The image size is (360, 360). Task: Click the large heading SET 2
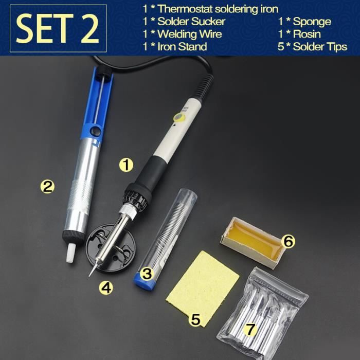tap(58, 28)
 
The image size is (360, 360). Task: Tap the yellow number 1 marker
tap(127, 165)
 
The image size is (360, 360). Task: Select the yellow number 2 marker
tap(47, 187)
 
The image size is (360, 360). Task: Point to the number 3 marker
tap(147, 274)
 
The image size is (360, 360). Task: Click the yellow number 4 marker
tap(106, 287)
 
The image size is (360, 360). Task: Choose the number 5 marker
tap(195, 319)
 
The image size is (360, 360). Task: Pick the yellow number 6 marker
tap(289, 241)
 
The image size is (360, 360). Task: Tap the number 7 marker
tap(250, 329)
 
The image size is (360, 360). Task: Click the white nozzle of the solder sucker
tap(70, 253)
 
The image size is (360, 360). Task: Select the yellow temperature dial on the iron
tap(179, 118)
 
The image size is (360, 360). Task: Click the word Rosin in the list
tap(307, 34)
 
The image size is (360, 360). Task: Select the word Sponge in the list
tap(312, 22)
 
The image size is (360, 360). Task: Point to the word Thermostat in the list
tap(185, 9)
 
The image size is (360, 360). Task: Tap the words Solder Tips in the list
tap(320, 47)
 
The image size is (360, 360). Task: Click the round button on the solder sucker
tap(95, 131)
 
